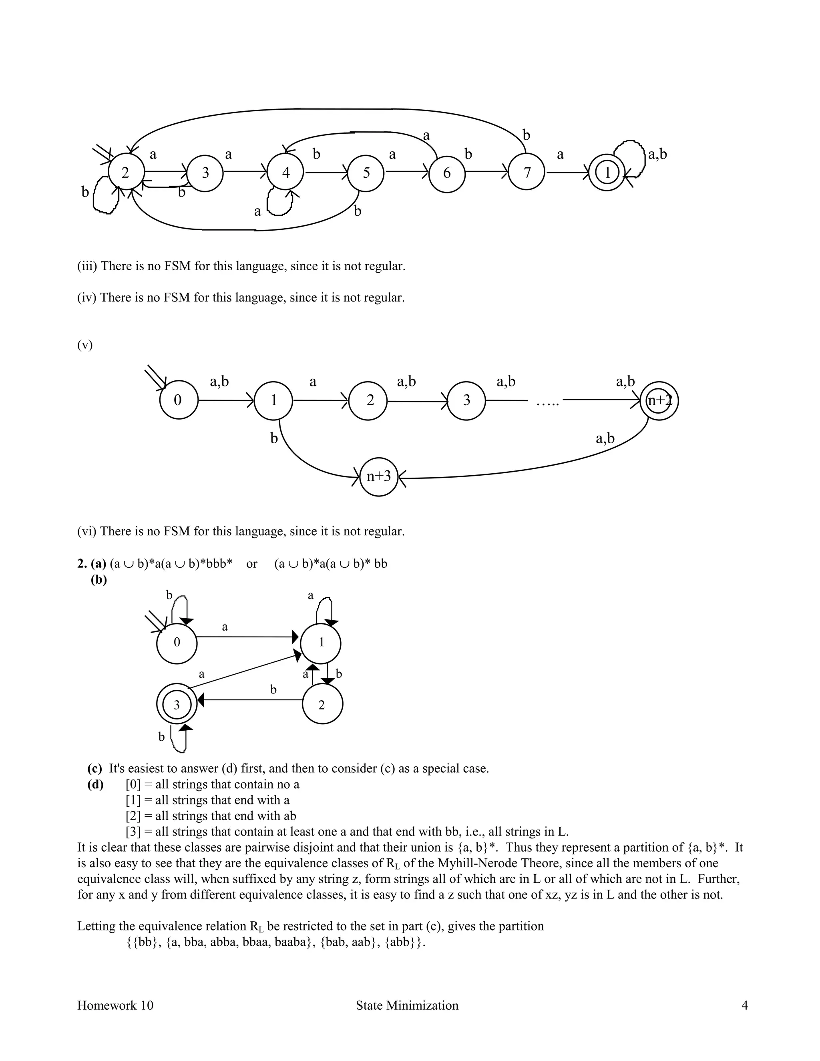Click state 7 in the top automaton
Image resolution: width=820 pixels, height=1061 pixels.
click(x=527, y=172)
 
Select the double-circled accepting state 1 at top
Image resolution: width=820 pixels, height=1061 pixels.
click(x=607, y=172)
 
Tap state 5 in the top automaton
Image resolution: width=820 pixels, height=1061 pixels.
click(x=366, y=173)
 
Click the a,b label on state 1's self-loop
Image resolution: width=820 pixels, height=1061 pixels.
click(x=657, y=155)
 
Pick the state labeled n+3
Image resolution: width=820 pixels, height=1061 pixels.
click(x=379, y=476)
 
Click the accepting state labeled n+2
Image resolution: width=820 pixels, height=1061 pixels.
click(x=659, y=401)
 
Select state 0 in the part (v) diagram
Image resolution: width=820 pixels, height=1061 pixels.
click(x=178, y=400)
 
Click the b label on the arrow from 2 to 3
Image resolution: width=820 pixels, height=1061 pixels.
click(x=273, y=690)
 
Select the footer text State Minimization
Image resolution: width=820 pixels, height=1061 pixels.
click(x=407, y=1006)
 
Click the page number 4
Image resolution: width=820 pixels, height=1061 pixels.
click(x=744, y=1006)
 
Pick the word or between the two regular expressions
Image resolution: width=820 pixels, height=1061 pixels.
click(x=251, y=564)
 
